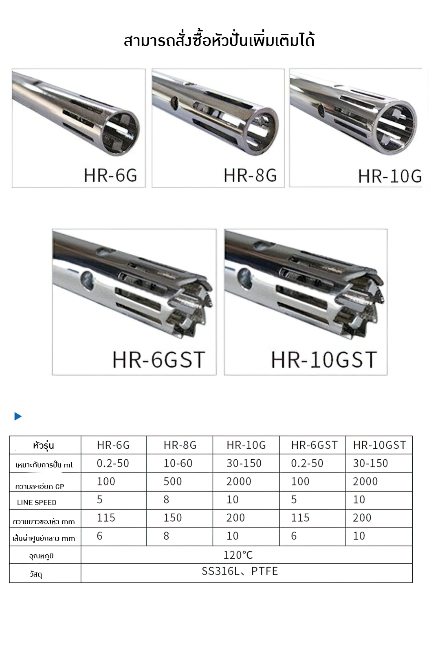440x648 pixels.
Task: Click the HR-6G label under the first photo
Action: pyautogui.click(x=110, y=175)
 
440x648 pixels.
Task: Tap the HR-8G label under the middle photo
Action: pyautogui.click(x=250, y=175)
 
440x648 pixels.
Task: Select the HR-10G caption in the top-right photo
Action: pyautogui.click(x=390, y=176)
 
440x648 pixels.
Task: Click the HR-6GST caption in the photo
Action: pyautogui.click(x=158, y=360)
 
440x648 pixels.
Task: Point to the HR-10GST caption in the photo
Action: pyautogui.click(x=324, y=360)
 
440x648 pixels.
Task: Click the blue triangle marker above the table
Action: pyautogui.click(x=18, y=416)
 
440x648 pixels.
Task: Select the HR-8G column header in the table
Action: pyautogui.click(x=180, y=445)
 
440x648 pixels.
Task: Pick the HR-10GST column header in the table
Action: pyautogui.click(x=379, y=445)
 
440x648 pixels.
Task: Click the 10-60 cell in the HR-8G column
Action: pyautogui.click(x=178, y=463)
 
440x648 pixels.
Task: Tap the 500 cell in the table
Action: pyautogui.click(x=173, y=481)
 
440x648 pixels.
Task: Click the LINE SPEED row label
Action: pyautogui.click(x=37, y=502)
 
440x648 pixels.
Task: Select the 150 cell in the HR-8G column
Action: pyautogui.click(x=173, y=518)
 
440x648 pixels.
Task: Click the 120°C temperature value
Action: pyautogui.click(x=238, y=555)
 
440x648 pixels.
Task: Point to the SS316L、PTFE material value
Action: pyautogui.click(x=240, y=571)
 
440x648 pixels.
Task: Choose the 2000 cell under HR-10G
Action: pyautogui.click(x=239, y=481)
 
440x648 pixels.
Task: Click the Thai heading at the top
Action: pyautogui.click(x=219, y=41)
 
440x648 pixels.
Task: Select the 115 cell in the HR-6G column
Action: pyautogui.click(x=106, y=518)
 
